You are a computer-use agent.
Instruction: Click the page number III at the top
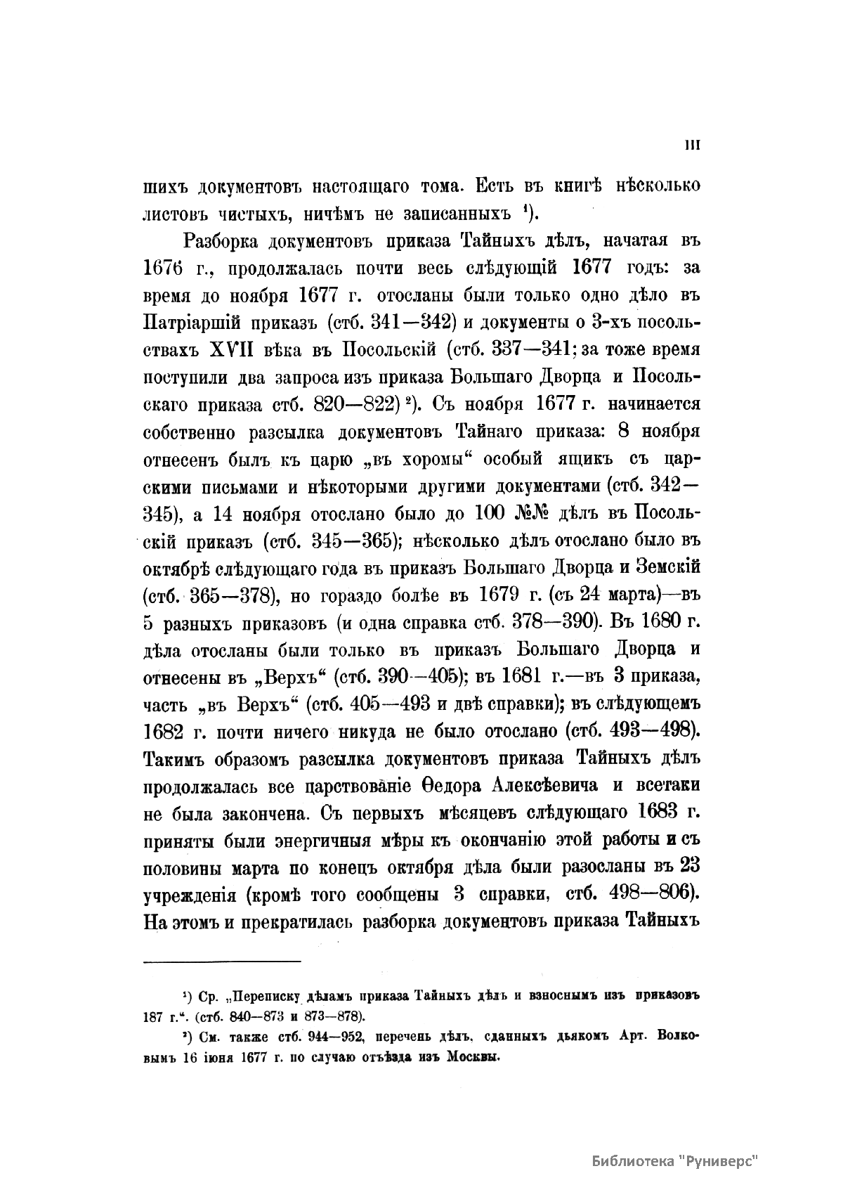pyautogui.click(x=693, y=145)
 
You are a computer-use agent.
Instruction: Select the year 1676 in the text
pyautogui.click(x=163, y=268)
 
